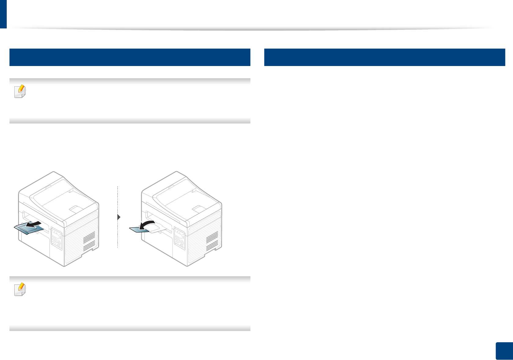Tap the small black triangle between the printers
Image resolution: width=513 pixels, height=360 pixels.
[x=119, y=217]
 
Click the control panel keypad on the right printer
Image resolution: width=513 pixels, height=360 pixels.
[x=179, y=238]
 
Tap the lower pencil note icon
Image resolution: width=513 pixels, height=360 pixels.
[x=20, y=289]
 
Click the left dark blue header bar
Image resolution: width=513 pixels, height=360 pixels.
[x=130, y=57]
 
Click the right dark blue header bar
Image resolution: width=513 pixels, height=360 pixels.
[x=384, y=57]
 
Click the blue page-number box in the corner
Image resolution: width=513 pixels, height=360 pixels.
[x=504, y=351]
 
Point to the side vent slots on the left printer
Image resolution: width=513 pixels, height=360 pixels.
[x=89, y=241]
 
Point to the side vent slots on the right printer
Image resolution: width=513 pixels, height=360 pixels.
[x=212, y=241]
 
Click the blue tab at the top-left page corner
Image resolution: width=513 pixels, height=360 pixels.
[x=3, y=14]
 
